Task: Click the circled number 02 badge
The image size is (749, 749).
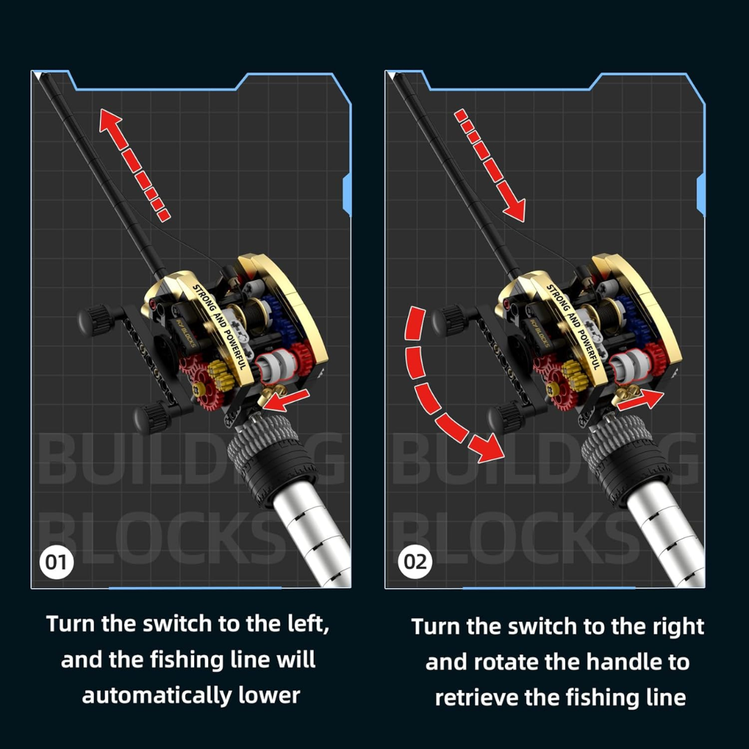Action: point(415,562)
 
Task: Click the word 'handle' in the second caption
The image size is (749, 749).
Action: point(615,662)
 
